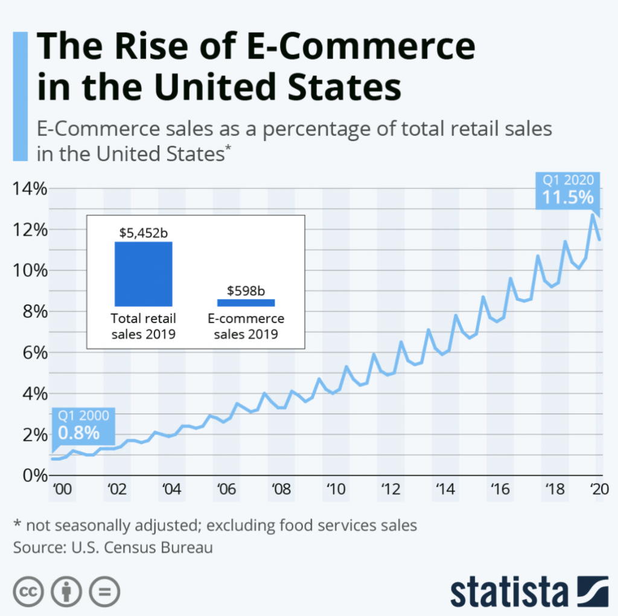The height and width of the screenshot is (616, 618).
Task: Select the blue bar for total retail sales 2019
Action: pos(144,273)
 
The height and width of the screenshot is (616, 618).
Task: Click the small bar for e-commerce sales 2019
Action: pos(246,302)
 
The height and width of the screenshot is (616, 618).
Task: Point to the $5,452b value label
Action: pos(144,232)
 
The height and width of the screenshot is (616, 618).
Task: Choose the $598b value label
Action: pos(246,291)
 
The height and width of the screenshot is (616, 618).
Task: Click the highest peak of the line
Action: pos(593,215)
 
